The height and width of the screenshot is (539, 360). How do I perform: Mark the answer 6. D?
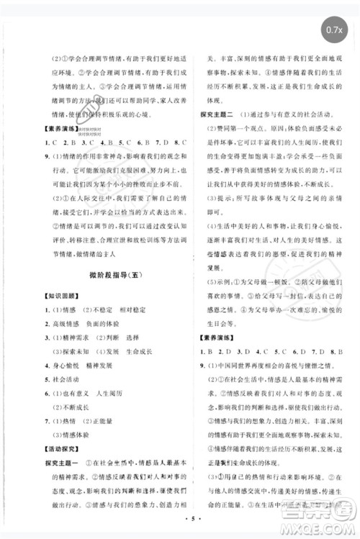tap(296, 351)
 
